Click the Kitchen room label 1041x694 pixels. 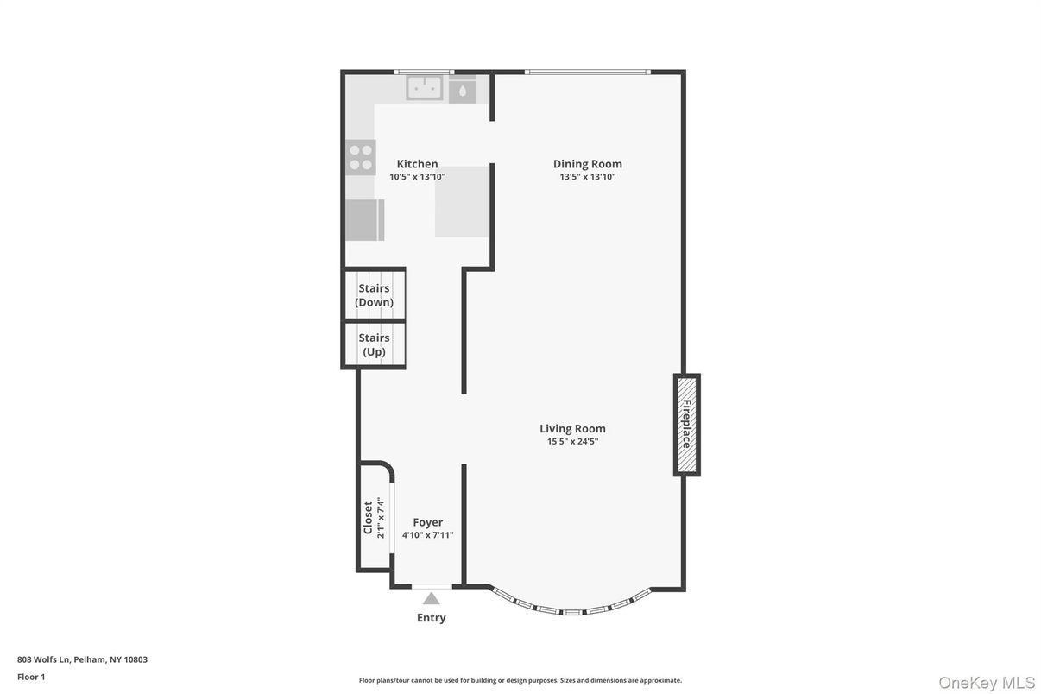pos(417,164)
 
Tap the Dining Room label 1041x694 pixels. pos(587,164)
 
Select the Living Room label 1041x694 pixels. pos(572,428)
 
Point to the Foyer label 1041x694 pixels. pos(427,522)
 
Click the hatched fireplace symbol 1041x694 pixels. pos(686,424)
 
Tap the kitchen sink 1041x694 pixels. pos(425,87)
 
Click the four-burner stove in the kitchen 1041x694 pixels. pos(361,157)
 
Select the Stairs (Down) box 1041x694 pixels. pos(375,295)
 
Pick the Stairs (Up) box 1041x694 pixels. pos(375,344)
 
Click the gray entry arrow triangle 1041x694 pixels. pos(431,598)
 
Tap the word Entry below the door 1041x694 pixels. pos(431,617)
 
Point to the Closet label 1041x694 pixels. pos(368,518)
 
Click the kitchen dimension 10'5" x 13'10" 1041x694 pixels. pos(417,177)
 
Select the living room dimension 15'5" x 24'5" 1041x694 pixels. pos(572,441)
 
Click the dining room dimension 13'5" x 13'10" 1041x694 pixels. pos(587,177)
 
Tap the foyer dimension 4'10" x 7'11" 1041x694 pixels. pos(427,535)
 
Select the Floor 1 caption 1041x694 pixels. pos(31,677)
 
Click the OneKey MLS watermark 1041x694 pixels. pos(986,683)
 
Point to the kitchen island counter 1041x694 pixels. pos(462,202)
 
